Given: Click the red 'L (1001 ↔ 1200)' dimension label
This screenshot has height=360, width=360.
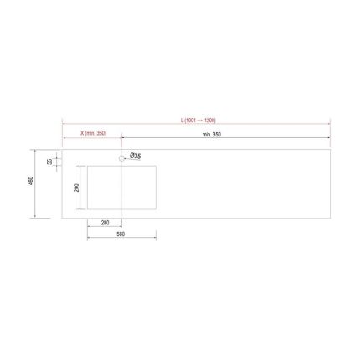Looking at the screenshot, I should point(198,121).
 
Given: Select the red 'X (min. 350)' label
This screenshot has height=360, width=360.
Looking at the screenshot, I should point(92,134).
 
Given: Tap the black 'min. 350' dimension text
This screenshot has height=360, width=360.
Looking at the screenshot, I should point(212,134).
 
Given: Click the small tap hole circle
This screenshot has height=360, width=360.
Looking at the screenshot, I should point(122,157).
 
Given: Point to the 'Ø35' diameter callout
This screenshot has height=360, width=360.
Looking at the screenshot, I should point(136,157).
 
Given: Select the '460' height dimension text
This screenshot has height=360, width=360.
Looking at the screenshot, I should point(31,183).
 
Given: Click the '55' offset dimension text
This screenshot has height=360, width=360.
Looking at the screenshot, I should point(50,161).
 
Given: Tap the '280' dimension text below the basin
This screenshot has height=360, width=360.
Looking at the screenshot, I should point(105,223).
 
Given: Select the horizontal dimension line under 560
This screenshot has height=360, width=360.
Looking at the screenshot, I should point(121,240).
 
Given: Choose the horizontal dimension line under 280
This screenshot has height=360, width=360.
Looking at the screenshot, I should point(105,228).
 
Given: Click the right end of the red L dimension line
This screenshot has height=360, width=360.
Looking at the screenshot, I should point(331,125).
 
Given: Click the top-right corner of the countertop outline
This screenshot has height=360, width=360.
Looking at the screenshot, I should point(331,151).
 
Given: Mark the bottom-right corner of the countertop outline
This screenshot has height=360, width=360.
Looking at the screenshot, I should point(331,218).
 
